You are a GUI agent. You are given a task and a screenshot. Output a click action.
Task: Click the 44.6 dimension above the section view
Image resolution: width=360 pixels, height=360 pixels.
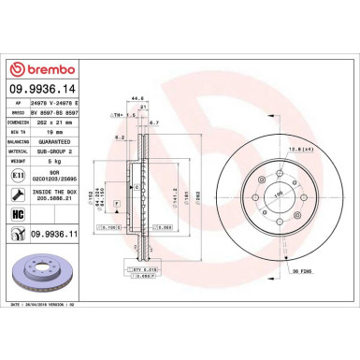click(x=137, y=96)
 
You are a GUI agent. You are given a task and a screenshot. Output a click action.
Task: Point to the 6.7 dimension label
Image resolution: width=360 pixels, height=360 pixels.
click(x=155, y=122)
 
